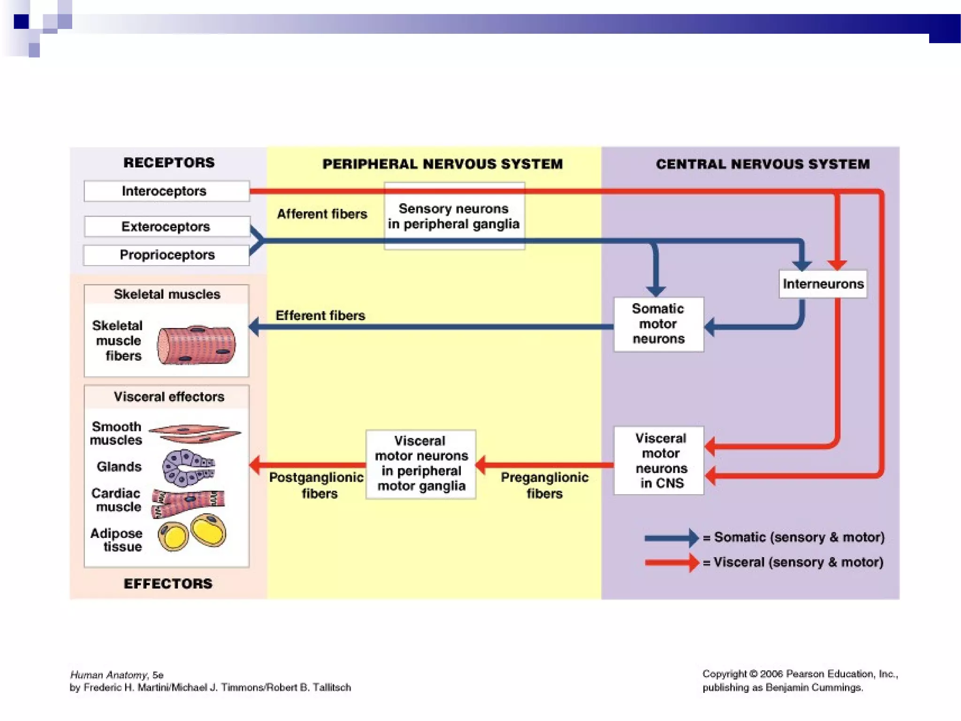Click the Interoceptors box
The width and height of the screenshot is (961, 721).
(x=166, y=191)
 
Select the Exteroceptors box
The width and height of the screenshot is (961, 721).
(x=166, y=227)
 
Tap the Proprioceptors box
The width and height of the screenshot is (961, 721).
(x=166, y=255)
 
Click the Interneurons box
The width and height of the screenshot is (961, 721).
(x=823, y=284)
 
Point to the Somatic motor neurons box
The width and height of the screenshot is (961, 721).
(x=658, y=324)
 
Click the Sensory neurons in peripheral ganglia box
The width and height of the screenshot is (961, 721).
(x=454, y=216)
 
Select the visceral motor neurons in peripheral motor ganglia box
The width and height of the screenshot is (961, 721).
(x=421, y=464)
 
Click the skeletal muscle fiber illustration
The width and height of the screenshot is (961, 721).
(x=196, y=345)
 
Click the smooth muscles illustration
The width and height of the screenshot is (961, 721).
(x=195, y=433)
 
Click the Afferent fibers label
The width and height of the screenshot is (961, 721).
(x=322, y=214)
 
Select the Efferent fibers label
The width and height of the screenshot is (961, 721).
(x=320, y=315)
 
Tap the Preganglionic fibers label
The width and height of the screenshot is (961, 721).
(x=544, y=485)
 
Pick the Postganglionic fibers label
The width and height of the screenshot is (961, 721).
(x=317, y=485)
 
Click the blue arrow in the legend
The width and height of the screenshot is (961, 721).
(x=671, y=538)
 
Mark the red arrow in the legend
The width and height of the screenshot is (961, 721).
(x=671, y=562)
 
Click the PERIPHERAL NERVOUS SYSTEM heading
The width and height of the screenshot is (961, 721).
(x=442, y=164)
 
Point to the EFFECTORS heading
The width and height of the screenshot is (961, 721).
(x=168, y=583)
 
